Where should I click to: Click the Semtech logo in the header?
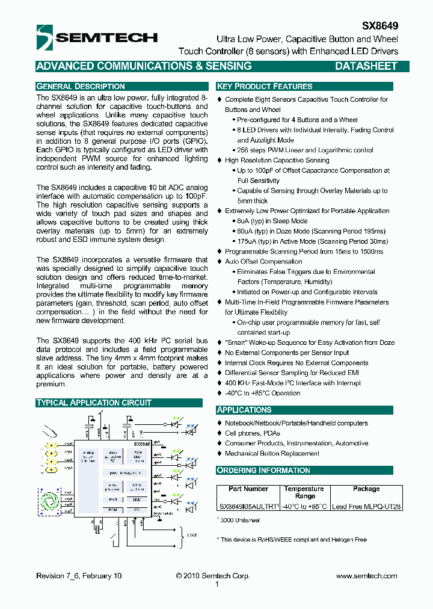point(96,37)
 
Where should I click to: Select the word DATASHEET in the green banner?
point(366,66)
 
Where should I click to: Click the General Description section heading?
point(81,86)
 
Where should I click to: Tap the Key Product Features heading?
point(265,86)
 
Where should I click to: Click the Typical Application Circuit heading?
point(94,403)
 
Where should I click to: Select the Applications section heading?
point(244,410)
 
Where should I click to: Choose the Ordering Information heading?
point(263,470)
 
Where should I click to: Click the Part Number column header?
point(248,489)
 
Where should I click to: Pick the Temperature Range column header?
point(304,492)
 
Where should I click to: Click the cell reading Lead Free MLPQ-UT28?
point(366,507)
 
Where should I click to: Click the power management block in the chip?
point(125,473)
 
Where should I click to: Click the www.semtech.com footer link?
point(366,576)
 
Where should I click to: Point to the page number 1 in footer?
point(216,584)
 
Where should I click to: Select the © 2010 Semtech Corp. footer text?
point(213,576)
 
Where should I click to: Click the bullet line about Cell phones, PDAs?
point(252,433)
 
